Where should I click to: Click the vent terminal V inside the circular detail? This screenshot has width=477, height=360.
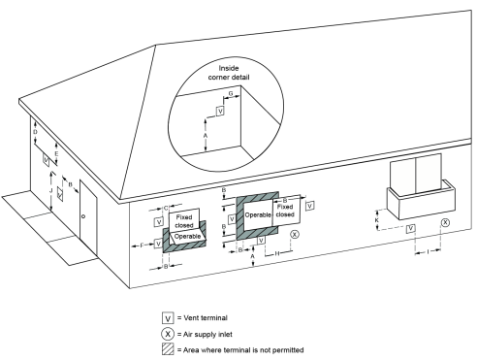(220, 111)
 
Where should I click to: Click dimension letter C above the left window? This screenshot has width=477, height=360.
(166, 207)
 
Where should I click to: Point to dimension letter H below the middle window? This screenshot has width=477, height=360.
(277, 252)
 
